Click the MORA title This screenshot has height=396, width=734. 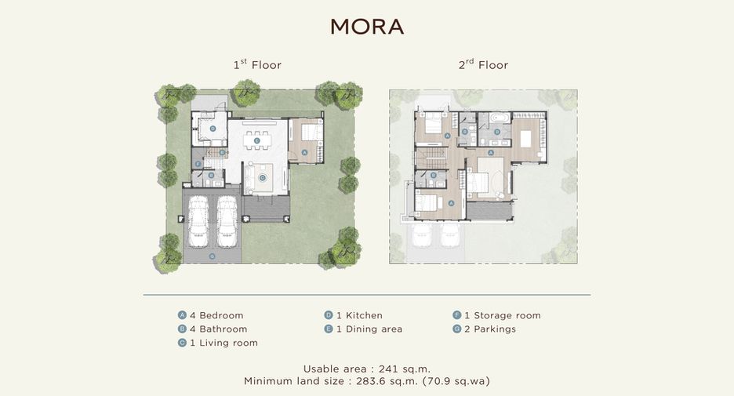click(367, 27)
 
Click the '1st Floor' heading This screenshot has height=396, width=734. click(257, 64)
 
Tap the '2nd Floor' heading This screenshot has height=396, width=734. click(484, 64)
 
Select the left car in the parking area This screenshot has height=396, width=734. click(198, 221)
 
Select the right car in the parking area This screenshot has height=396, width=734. click(227, 221)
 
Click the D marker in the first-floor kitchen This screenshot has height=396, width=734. click(213, 129)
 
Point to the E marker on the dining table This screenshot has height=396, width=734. click(256, 140)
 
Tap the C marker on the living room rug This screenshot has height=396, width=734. click(263, 177)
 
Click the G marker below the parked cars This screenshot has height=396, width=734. click(212, 256)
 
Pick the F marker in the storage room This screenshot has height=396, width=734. click(198, 165)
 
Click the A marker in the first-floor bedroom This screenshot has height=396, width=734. click(304, 153)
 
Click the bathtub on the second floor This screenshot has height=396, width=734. click(500, 118)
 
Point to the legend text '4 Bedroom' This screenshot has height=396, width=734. click(216, 315)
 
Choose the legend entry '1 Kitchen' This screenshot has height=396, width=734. click(359, 315)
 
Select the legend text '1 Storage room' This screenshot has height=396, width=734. click(503, 315)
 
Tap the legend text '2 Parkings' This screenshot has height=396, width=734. click(489, 329)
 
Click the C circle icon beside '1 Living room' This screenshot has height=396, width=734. click(182, 343)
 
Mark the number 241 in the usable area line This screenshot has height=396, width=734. click(388, 369)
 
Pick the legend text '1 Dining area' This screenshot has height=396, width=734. click(369, 329)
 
